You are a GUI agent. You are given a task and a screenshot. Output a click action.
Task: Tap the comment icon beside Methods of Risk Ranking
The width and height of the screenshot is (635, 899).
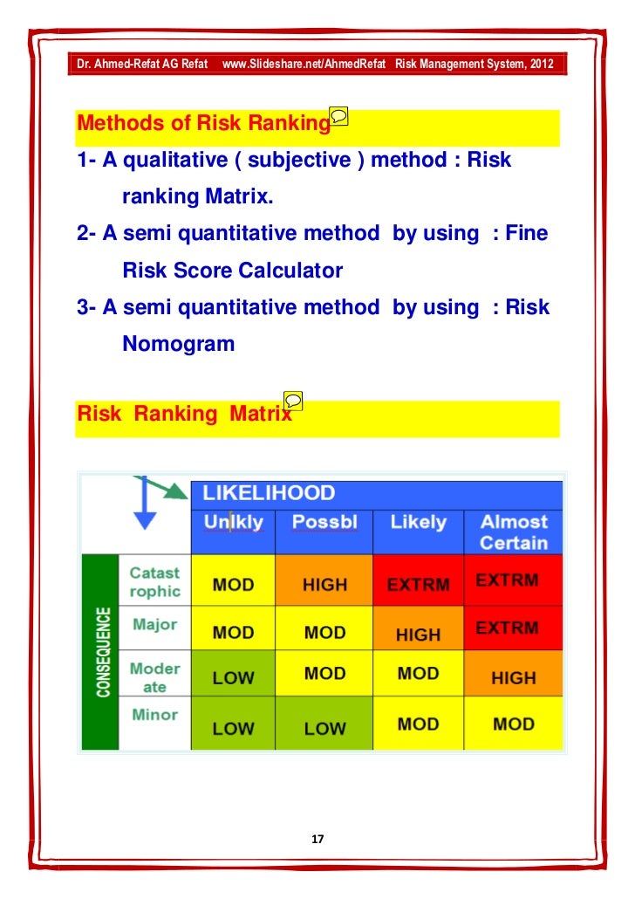339,116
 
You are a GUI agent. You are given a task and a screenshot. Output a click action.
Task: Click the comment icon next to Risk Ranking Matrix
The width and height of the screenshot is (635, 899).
295,401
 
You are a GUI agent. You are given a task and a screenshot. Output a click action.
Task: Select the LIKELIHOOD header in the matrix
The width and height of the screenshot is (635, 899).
269,493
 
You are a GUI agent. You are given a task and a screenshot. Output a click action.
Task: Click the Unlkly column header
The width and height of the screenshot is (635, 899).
233,523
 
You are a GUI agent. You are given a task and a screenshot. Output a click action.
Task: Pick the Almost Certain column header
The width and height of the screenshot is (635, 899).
513,532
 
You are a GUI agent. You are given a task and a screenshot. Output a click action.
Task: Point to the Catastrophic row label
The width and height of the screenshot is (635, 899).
154,582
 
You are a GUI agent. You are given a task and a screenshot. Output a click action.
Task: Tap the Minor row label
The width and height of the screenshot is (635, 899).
154,715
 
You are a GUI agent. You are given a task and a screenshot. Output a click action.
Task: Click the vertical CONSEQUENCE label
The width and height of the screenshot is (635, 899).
102,652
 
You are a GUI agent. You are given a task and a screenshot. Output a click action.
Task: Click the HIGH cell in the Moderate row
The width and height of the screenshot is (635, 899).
513,677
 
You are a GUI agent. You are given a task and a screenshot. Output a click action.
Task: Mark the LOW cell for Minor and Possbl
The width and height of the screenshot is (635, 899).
324,728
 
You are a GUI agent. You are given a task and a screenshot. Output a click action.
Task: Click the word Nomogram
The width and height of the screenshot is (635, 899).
179,344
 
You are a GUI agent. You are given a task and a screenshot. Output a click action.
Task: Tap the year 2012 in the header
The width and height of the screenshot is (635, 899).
538,65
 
